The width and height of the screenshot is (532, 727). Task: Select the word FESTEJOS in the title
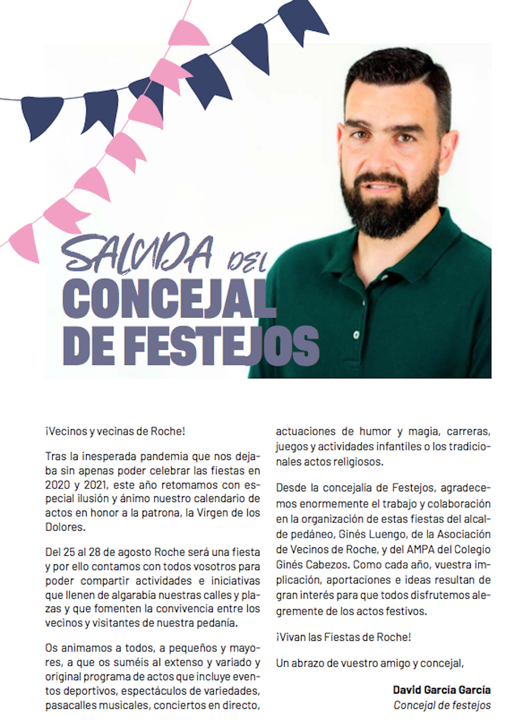(x=224, y=346)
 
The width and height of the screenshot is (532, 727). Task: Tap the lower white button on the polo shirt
(x=356, y=335)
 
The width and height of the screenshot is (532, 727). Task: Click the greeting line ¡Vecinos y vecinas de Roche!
(x=115, y=431)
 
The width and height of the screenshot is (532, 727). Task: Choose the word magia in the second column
(x=423, y=432)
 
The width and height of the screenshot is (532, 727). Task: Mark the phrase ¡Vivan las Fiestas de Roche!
(x=343, y=637)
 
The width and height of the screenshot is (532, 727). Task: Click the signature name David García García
(x=442, y=690)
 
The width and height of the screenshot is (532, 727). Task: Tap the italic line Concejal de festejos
(x=442, y=706)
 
